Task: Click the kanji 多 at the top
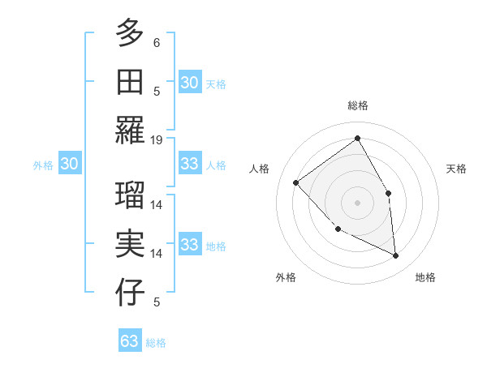pyautogui.click(x=130, y=33)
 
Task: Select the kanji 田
pyautogui.click(x=130, y=82)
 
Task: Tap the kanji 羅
pyautogui.click(x=130, y=131)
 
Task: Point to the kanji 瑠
pyautogui.click(x=130, y=195)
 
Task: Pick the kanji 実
pyautogui.click(x=130, y=244)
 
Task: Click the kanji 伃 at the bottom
pyautogui.click(x=130, y=293)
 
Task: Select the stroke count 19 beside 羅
pyautogui.click(x=157, y=139)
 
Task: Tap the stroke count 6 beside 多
pyautogui.click(x=157, y=42)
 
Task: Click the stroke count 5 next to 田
pyautogui.click(x=157, y=91)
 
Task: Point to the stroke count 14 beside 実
pyautogui.click(x=157, y=253)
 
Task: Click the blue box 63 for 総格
pyautogui.click(x=130, y=341)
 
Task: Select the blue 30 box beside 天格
pyautogui.click(x=189, y=82)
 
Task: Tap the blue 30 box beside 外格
pyautogui.click(x=69, y=164)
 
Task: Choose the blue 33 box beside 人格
pyautogui.click(x=189, y=164)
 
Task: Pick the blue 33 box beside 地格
pyautogui.click(x=189, y=245)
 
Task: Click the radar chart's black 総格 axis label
pyautogui.click(x=357, y=105)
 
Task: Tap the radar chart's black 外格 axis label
pyautogui.click(x=286, y=277)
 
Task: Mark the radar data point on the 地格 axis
pyautogui.click(x=395, y=255)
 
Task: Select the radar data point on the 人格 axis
pyautogui.click(x=296, y=182)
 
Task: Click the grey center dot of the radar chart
pyautogui.click(x=357, y=202)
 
